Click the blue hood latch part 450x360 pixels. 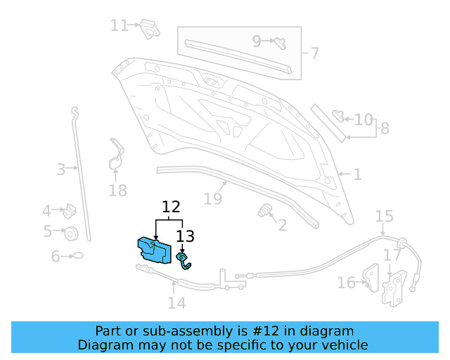point(154,250)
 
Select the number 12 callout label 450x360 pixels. point(171,207)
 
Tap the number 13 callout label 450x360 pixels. point(185,237)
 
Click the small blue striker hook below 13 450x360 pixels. point(184,262)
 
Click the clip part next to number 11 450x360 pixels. point(148,28)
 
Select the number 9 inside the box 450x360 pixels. point(257,41)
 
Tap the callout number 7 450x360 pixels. point(314,53)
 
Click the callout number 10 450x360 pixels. point(364,120)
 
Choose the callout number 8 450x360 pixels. point(384,129)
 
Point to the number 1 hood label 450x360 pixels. point(357,174)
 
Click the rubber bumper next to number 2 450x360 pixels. point(265,211)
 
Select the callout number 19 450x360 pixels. point(213,199)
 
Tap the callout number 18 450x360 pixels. point(117,191)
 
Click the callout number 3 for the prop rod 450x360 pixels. point(61,169)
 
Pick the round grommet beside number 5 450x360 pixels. point(70,233)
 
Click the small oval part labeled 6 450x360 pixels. point(78,256)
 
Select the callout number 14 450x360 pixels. point(176,303)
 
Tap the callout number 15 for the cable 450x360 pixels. point(384,216)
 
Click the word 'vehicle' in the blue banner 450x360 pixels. point(343,345)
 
